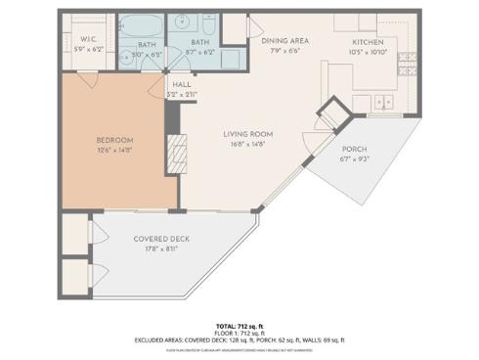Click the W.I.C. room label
coord(90,39)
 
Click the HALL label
coord(182,85)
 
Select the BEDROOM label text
coord(115,140)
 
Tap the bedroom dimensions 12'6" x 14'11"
coord(115,150)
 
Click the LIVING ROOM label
coord(247,133)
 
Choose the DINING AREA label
coord(284,40)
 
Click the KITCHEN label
coord(370,41)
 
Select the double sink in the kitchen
coord(384,101)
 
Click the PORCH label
coord(353,150)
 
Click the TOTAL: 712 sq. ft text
coord(239,325)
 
